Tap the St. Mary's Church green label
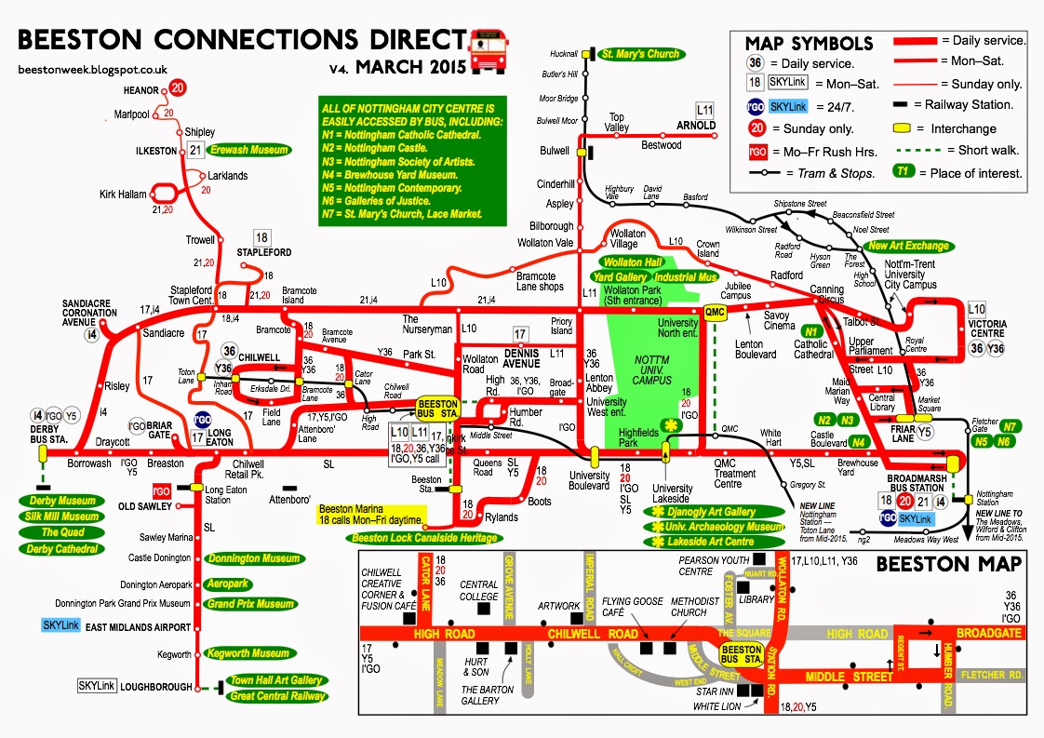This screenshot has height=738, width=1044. (x=639, y=54)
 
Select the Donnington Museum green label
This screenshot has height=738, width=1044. (x=252, y=558)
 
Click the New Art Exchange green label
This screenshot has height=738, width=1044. (x=908, y=246)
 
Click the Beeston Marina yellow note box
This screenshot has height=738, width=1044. (x=371, y=514)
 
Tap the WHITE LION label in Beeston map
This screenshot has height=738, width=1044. (x=720, y=708)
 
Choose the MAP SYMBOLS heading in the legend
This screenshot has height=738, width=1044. (x=809, y=43)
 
